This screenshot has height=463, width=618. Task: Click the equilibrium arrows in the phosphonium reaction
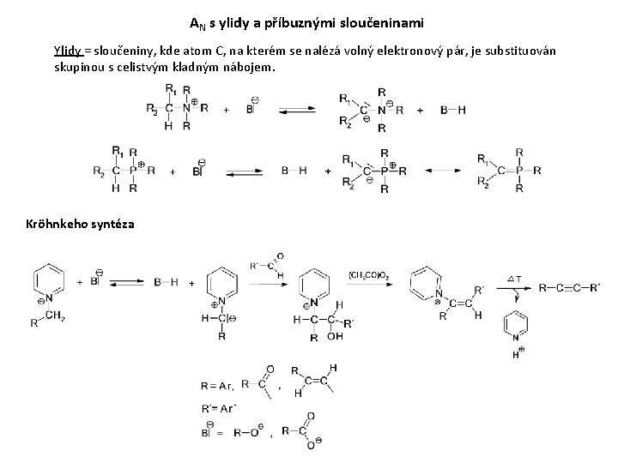[245, 171]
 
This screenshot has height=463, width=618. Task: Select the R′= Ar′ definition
[219, 411]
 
